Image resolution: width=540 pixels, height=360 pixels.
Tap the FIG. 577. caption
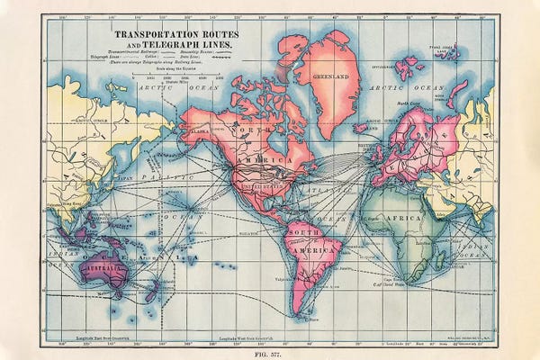pos(270,354)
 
